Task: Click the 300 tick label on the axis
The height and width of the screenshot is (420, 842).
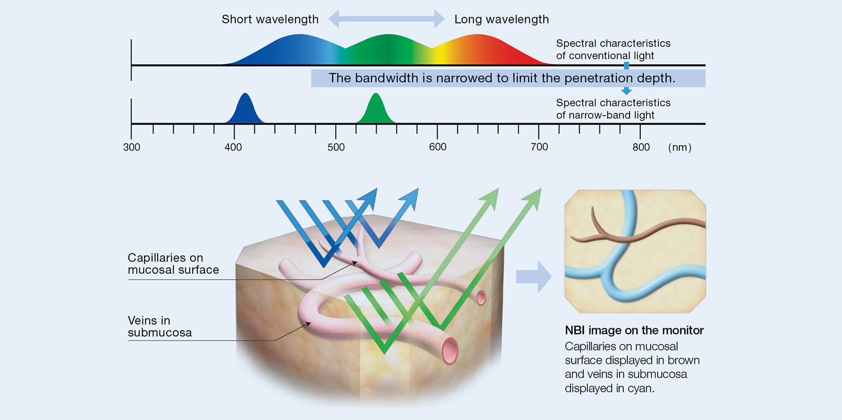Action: point(132,147)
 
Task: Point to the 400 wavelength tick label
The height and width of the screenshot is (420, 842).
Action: point(233,147)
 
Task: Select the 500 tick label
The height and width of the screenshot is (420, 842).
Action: point(336,147)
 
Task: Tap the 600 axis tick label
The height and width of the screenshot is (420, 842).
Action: point(437,147)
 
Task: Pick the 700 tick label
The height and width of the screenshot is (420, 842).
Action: point(539,147)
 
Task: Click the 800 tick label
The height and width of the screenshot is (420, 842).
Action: point(641,147)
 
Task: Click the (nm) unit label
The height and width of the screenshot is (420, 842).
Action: point(679,148)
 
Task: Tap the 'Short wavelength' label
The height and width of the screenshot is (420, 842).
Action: point(270,19)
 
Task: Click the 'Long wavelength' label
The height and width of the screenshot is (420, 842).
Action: point(501,19)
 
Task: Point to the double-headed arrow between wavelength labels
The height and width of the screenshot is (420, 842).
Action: point(386,19)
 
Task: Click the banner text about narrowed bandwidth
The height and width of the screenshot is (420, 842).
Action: point(501,78)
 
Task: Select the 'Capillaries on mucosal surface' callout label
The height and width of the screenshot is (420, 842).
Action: point(173,263)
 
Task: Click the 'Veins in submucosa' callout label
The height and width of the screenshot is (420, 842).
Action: point(159,326)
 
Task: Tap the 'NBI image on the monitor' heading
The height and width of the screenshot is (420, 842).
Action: point(634,330)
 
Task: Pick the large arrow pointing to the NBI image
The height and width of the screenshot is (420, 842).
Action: point(533,276)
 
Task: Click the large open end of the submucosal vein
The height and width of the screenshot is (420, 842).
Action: point(450,351)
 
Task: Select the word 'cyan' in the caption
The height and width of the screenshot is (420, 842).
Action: point(642,388)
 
